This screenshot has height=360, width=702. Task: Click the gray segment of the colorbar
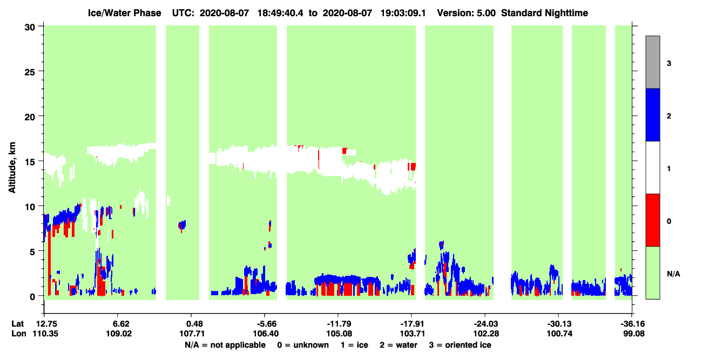coord(652,62)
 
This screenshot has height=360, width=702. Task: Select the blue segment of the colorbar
coord(652,114)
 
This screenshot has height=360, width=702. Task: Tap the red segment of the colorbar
coord(652,220)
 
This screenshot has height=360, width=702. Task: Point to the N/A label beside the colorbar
coord(673,274)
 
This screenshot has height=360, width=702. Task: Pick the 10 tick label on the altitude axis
coord(30,207)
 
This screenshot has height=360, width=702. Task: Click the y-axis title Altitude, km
coord(12,167)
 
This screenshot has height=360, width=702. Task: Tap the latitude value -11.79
coord(339,324)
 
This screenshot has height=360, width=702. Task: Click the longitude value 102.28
coord(486,334)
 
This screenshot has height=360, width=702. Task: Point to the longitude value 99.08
coord(633,334)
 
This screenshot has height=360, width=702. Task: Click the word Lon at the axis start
coord(19,334)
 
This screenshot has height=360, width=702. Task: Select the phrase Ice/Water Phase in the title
coord(124,13)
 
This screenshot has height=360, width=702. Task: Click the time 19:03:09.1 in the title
coord(403,13)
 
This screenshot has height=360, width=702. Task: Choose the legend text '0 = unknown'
coord(303,345)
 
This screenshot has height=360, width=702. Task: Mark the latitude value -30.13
coord(559,324)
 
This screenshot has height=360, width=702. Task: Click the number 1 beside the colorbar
coord(669,168)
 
